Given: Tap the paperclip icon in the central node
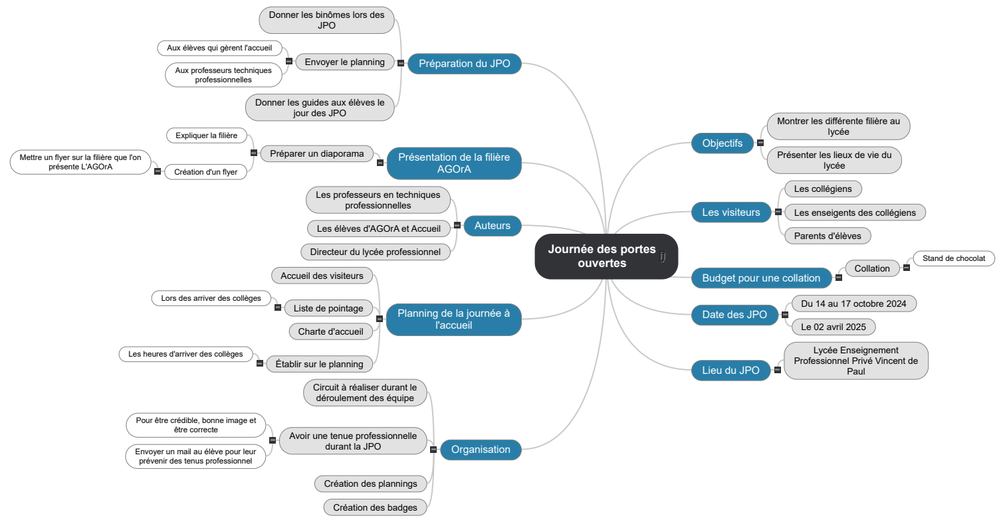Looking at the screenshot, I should click(x=663, y=257).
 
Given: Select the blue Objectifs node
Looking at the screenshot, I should click(x=723, y=143).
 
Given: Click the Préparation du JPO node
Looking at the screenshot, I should click(x=464, y=64).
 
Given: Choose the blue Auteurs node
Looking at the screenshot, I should click(x=492, y=226).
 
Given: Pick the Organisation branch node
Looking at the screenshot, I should click(x=481, y=450).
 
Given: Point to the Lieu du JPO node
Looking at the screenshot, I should click(x=730, y=371).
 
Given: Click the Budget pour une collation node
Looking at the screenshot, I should click(x=761, y=278).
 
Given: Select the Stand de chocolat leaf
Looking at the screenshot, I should click(x=954, y=258).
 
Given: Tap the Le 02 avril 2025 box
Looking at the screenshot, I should click(x=834, y=327).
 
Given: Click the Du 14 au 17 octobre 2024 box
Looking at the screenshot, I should click(x=853, y=304).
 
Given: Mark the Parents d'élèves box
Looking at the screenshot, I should click(x=827, y=236).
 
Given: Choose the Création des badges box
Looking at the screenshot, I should click(x=375, y=507).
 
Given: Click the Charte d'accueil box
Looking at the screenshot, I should click(x=330, y=331).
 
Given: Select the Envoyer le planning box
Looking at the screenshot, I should click(x=344, y=62).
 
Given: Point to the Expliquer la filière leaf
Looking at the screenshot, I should click(x=206, y=135).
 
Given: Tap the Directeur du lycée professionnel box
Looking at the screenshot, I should click(x=375, y=252).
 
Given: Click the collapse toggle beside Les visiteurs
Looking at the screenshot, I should click(x=778, y=213).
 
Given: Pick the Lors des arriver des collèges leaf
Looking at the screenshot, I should click(x=211, y=298).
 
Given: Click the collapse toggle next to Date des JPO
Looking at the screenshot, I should click(x=785, y=315).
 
